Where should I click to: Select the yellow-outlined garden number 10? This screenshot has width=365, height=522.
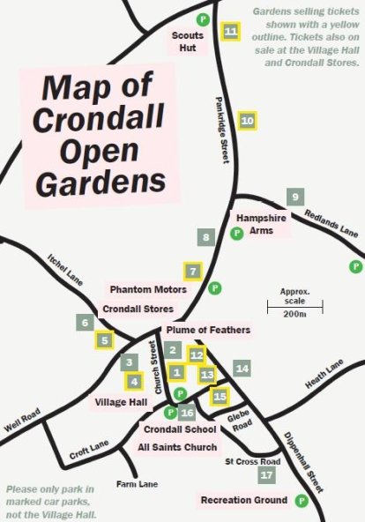(248, 120)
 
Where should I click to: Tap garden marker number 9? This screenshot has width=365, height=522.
(294, 197)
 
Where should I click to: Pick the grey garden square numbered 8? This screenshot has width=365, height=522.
(206, 236)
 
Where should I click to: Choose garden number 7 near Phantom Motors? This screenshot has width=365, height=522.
(192, 271)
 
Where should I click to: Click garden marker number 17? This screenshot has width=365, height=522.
(269, 475)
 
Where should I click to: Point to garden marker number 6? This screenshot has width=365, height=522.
(86, 323)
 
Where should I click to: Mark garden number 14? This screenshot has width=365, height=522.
(242, 368)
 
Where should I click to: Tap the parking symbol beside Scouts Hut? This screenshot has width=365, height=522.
(202, 18)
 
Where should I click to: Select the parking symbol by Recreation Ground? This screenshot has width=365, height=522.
(302, 500)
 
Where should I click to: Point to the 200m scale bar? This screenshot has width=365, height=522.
(295, 306)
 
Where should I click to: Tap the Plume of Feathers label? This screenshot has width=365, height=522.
(208, 331)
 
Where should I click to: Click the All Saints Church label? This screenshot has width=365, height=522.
(177, 447)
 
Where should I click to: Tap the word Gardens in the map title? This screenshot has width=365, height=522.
(106, 180)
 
